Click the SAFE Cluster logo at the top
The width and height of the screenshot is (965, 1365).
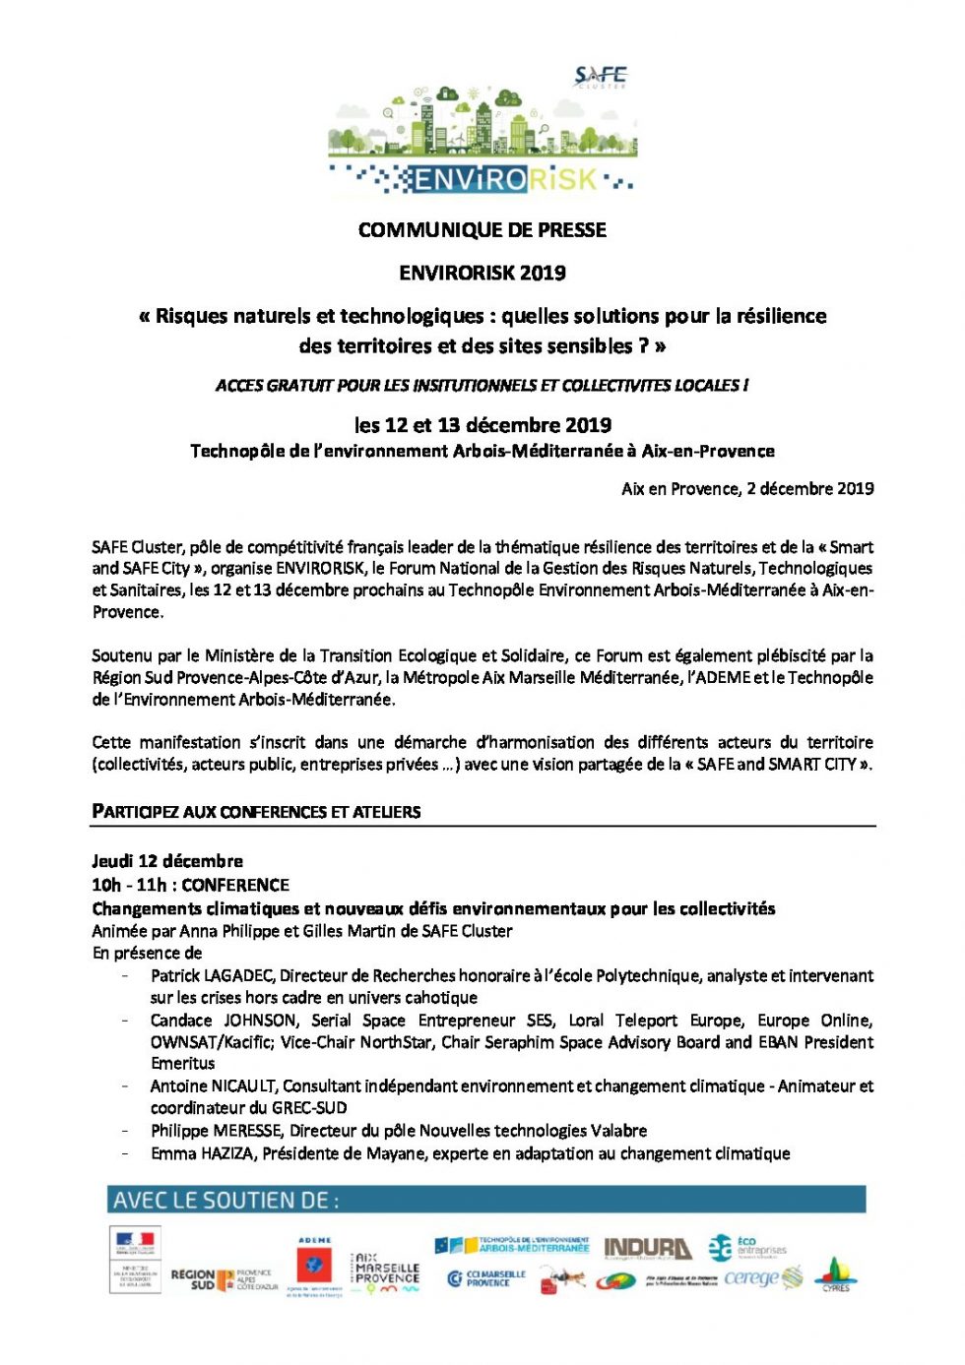tap(600, 77)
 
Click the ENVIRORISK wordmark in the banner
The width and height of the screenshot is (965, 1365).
tap(505, 179)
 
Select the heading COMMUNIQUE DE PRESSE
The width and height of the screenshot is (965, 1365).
tap(482, 230)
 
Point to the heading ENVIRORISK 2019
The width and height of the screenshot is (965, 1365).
tap(482, 273)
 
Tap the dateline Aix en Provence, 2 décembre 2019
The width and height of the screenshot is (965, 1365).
tap(747, 488)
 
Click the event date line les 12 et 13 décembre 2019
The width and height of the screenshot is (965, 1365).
tap(482, 425)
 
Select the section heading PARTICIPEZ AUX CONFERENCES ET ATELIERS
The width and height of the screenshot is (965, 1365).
tap(256, 812)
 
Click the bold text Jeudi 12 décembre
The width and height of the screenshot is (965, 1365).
tap(167, 860)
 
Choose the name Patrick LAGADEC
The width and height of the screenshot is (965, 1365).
tap(212, 975)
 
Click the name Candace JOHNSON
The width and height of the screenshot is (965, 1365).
tap(224, 1020)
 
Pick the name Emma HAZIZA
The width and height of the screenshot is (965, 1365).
tap(203, 1152)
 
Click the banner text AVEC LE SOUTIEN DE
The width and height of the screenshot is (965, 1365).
tap(225, 1201)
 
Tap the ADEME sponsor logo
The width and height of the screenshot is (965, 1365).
tap(314, 1266)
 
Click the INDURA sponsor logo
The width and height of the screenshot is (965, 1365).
tap(647, 1249)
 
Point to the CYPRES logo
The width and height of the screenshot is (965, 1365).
tap(835, 1273)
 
